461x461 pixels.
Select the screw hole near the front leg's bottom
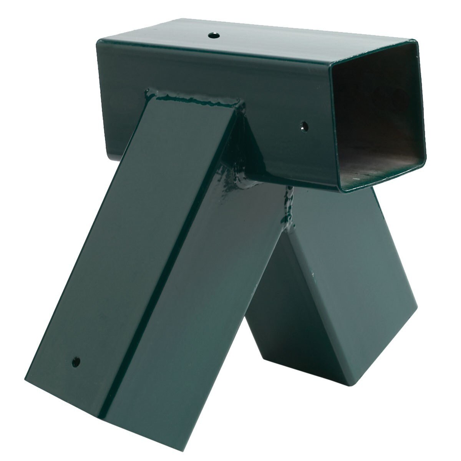pyautogui.click(x=76, y=361)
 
